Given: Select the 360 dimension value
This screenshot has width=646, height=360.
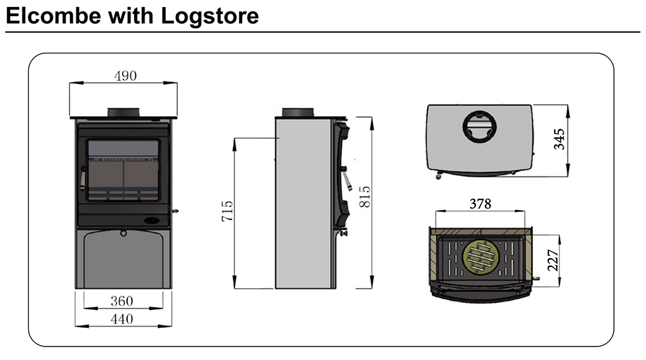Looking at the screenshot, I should click(x=121, y=301).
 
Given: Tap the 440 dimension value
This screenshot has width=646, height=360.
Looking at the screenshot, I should click(x=121, y=318).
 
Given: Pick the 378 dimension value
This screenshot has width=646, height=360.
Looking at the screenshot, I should click(x=480, y=204).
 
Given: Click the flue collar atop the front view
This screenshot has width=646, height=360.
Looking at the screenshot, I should click(x=123, y=112).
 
